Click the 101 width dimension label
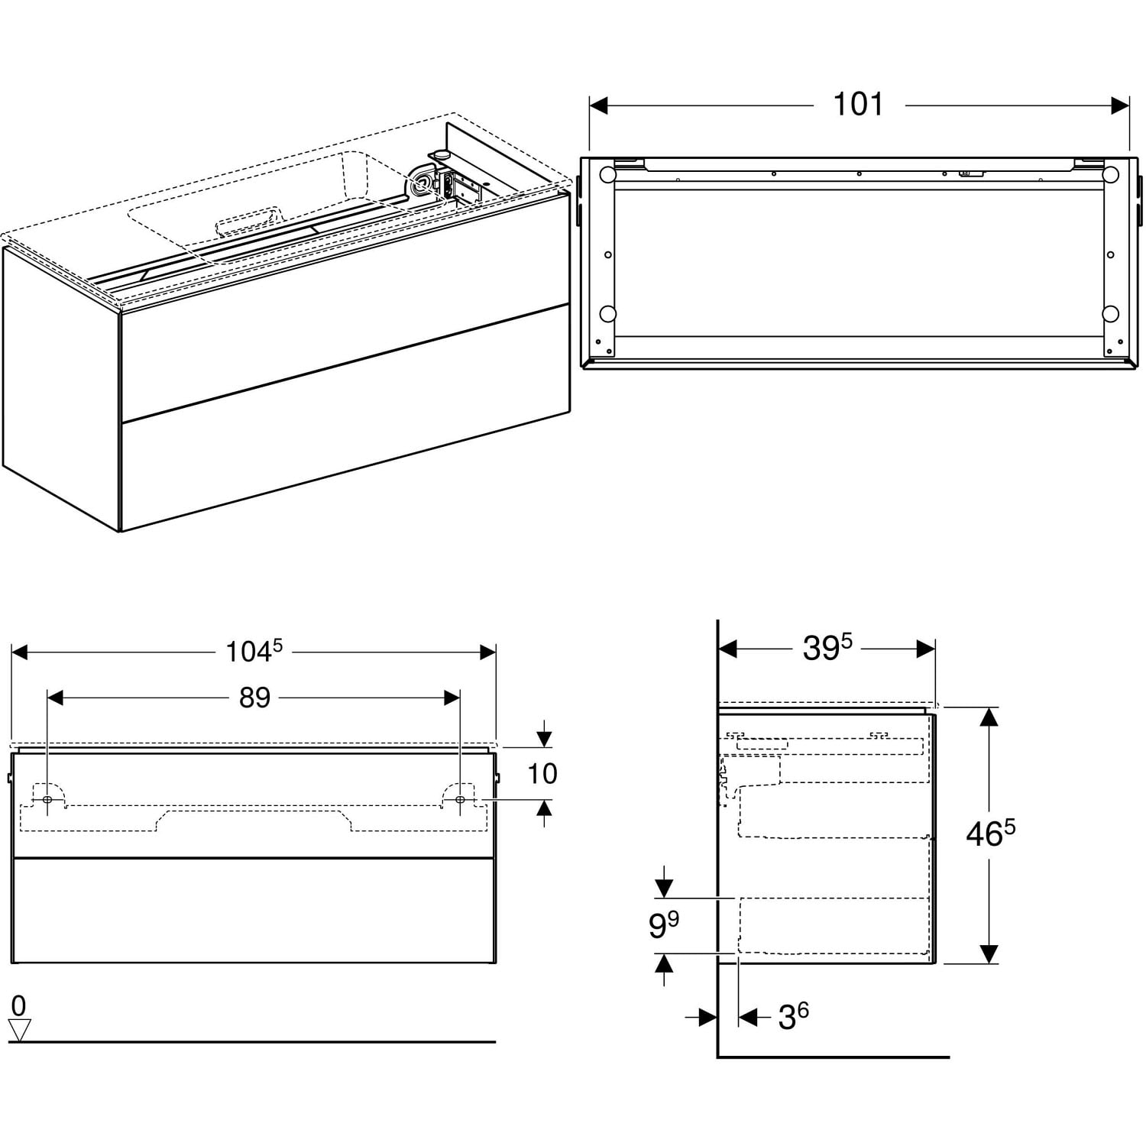(x=858, y=104)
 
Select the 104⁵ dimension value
(x=254, y=652)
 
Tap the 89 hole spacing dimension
(x=254, y=698)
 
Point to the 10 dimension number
(x=542, y=774)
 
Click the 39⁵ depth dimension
(x=827, y=649)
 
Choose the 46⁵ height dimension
(x=991, y=834)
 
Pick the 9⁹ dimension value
(x=663, y=926)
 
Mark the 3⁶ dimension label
(x=793, y=1017)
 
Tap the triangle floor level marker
(x=19, y=1030)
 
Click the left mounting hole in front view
(x=47, y=799)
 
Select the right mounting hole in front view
(x=459, y=799)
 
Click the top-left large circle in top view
(x=607, y=175)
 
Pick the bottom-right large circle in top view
(x=1110, y=313)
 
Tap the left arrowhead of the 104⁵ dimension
(x=20, y=652)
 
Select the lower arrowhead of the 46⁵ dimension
(x=989, y=953)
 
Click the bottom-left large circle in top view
(x=607, y=313)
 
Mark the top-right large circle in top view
(x=1110, y=175)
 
